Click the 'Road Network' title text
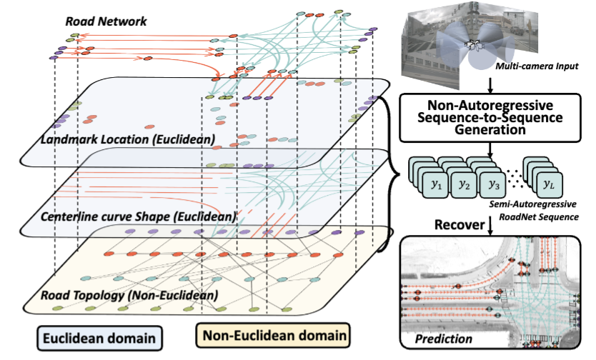click(106, 21)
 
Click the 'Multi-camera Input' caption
click(532, 66)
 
